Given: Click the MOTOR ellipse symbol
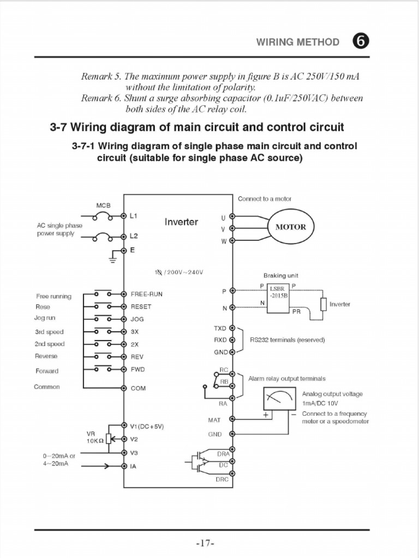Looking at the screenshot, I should click(291, 227).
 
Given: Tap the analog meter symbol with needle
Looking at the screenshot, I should click(280, 399).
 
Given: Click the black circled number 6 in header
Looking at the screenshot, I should click(361, 42).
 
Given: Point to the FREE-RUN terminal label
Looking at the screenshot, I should click(146, 294).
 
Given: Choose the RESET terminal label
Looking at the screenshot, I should click(141, 307).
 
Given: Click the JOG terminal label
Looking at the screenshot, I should click(137, 319).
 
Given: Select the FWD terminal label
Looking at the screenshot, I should click(137, 369).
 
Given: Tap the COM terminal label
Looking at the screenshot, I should click(138, 389).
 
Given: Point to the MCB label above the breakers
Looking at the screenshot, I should click(103, 206).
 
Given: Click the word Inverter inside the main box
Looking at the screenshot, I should click(181, 222).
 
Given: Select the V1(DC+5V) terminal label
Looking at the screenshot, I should click(147, 426).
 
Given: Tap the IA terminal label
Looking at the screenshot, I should click(134, 466).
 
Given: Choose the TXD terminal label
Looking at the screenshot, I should click(220, 329).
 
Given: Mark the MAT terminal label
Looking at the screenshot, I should click(214, 420).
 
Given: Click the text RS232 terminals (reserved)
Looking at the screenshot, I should click(287, 340).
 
